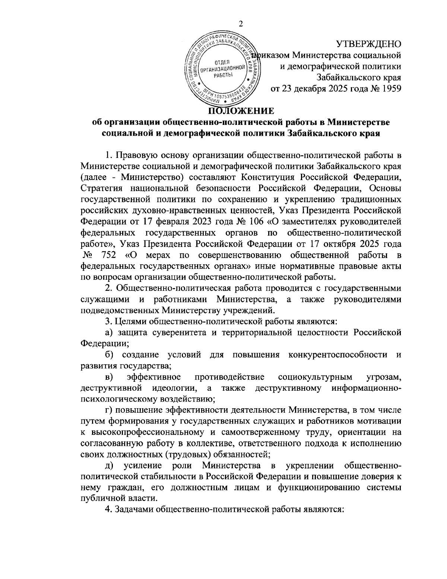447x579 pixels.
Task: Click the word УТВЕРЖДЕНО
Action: pos(369,44)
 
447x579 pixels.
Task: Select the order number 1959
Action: pos(389,89)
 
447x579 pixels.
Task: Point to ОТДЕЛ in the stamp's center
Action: pos(222,62)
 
